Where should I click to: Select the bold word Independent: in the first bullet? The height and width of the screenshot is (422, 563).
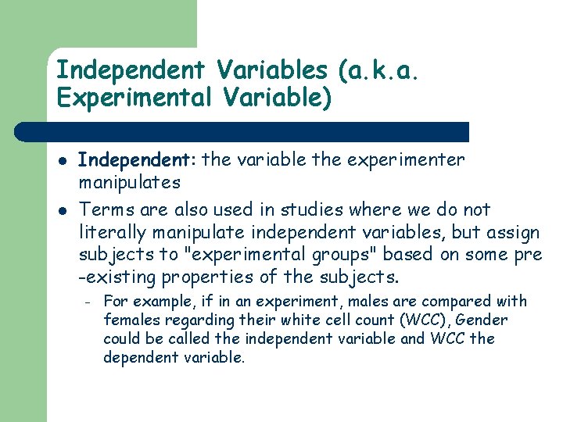138,160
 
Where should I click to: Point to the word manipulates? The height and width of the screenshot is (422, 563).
130,183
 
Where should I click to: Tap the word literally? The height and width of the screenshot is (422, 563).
110,232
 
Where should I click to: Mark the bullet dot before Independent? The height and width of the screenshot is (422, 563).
62,161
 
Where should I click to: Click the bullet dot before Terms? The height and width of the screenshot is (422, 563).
62,210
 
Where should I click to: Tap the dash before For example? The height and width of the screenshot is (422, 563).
89,302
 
